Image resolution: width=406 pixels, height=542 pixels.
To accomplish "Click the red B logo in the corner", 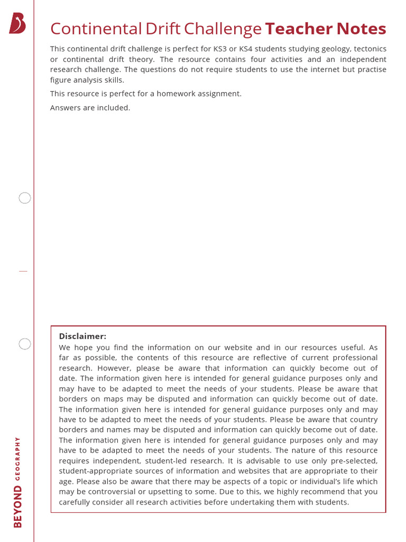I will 17,24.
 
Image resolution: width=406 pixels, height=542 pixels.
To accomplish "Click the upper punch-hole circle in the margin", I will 25,198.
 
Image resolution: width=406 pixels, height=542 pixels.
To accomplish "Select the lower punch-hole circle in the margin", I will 25,344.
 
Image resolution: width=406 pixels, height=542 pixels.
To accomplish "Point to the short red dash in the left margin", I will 23,271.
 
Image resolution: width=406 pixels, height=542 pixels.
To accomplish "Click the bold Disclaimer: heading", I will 82,336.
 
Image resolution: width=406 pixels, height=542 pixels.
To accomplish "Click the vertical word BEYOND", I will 18,507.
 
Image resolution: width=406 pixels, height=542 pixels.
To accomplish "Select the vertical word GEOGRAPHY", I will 18,458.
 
